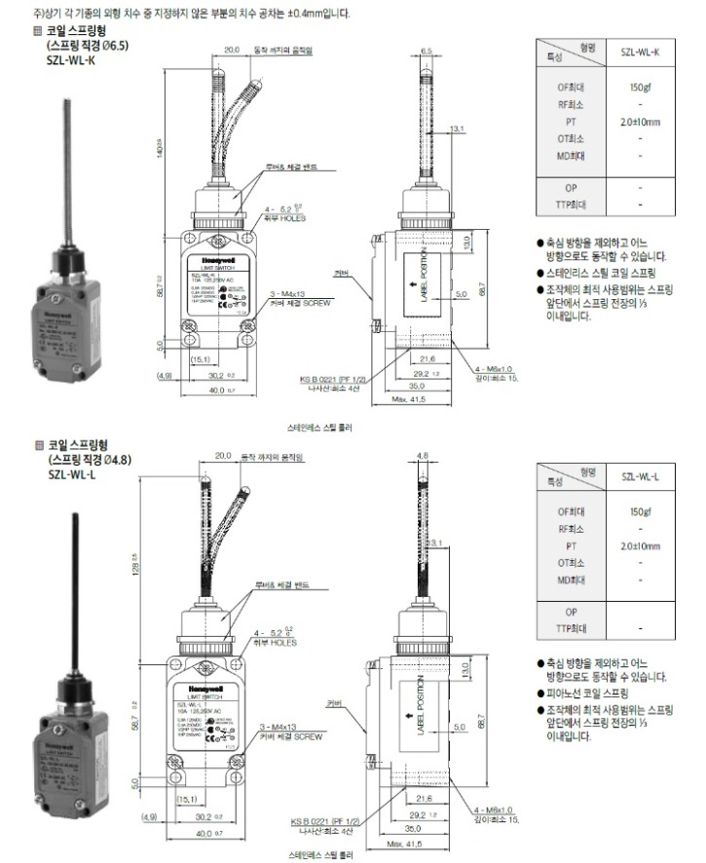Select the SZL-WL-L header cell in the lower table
[639, 475]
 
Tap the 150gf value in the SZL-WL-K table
[640, 87]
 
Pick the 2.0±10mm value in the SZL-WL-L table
[640, 546]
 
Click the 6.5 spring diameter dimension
[426, 49]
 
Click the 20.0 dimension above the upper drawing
[232, 49]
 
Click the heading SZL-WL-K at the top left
[70, 59]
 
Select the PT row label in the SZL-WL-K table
[571, 122]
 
